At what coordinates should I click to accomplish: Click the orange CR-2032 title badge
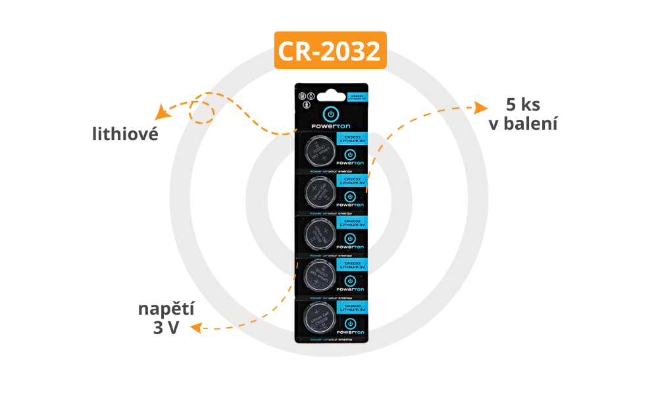330,51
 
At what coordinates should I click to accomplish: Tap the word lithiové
125,134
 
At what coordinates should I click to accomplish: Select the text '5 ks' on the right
523,105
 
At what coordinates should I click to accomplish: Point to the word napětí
166,309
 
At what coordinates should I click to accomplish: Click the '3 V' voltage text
166,328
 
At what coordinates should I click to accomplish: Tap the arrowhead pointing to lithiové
160,113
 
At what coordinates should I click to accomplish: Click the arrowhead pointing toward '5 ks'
481,107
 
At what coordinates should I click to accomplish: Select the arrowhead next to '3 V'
195,327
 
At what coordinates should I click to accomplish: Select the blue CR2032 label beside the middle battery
351,222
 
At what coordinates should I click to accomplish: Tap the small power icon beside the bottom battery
350,324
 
